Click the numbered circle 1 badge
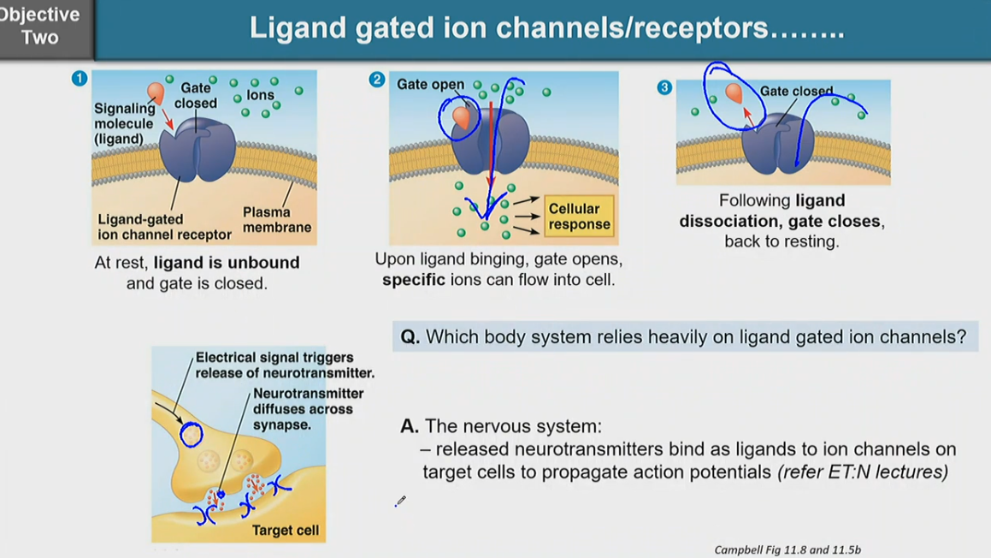80,79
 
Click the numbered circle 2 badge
377,80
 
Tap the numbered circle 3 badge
664,87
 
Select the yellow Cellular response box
579,217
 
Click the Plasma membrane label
277,219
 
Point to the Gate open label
430,85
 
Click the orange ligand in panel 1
156,92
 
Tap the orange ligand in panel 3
734,93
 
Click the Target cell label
285,531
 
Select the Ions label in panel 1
260,95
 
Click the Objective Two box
41,26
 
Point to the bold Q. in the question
410,337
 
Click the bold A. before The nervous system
410,426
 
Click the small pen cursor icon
400,501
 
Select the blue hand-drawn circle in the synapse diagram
191,435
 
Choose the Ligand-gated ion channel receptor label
164,227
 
